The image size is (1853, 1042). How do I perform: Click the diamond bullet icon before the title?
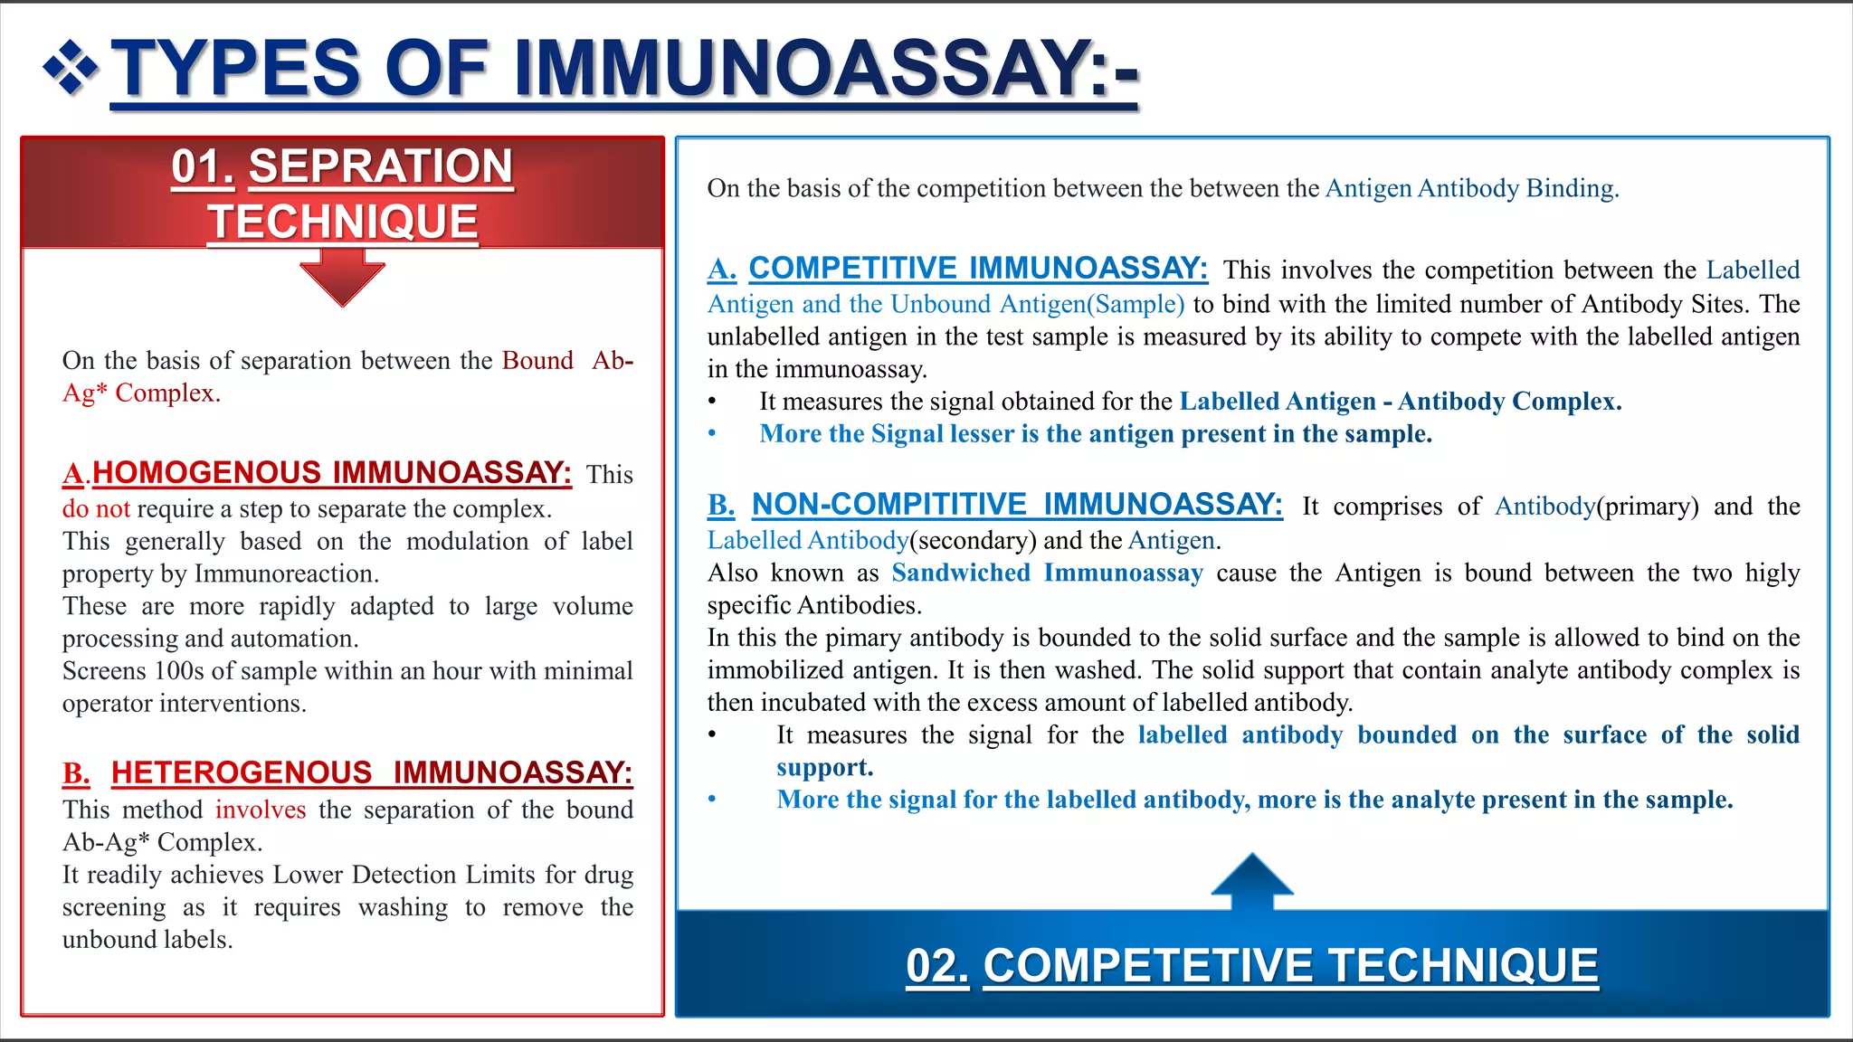[x=71, y=68]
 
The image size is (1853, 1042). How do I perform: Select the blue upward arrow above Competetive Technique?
[x=1252, y=880]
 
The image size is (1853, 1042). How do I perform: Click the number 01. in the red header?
[x=203, y=167]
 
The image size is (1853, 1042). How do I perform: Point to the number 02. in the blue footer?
[x=937, y=966]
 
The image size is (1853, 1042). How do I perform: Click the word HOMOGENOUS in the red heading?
[x=206, y=472]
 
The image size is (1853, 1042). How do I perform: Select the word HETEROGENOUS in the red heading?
[x=242, y=772]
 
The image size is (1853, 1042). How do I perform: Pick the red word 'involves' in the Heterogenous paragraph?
[x=261, y=810]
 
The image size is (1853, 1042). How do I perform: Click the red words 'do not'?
[x=96, y=509]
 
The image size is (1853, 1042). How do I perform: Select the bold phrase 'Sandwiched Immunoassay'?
[x=1047, y=573]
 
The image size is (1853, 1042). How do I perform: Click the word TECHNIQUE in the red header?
[x=343, y=223]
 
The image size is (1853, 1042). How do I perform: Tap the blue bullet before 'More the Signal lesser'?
[x=712, y=434]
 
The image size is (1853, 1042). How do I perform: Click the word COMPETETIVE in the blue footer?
[x=1147, y=966]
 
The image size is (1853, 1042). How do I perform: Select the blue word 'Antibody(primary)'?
[x=1544, y=507]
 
